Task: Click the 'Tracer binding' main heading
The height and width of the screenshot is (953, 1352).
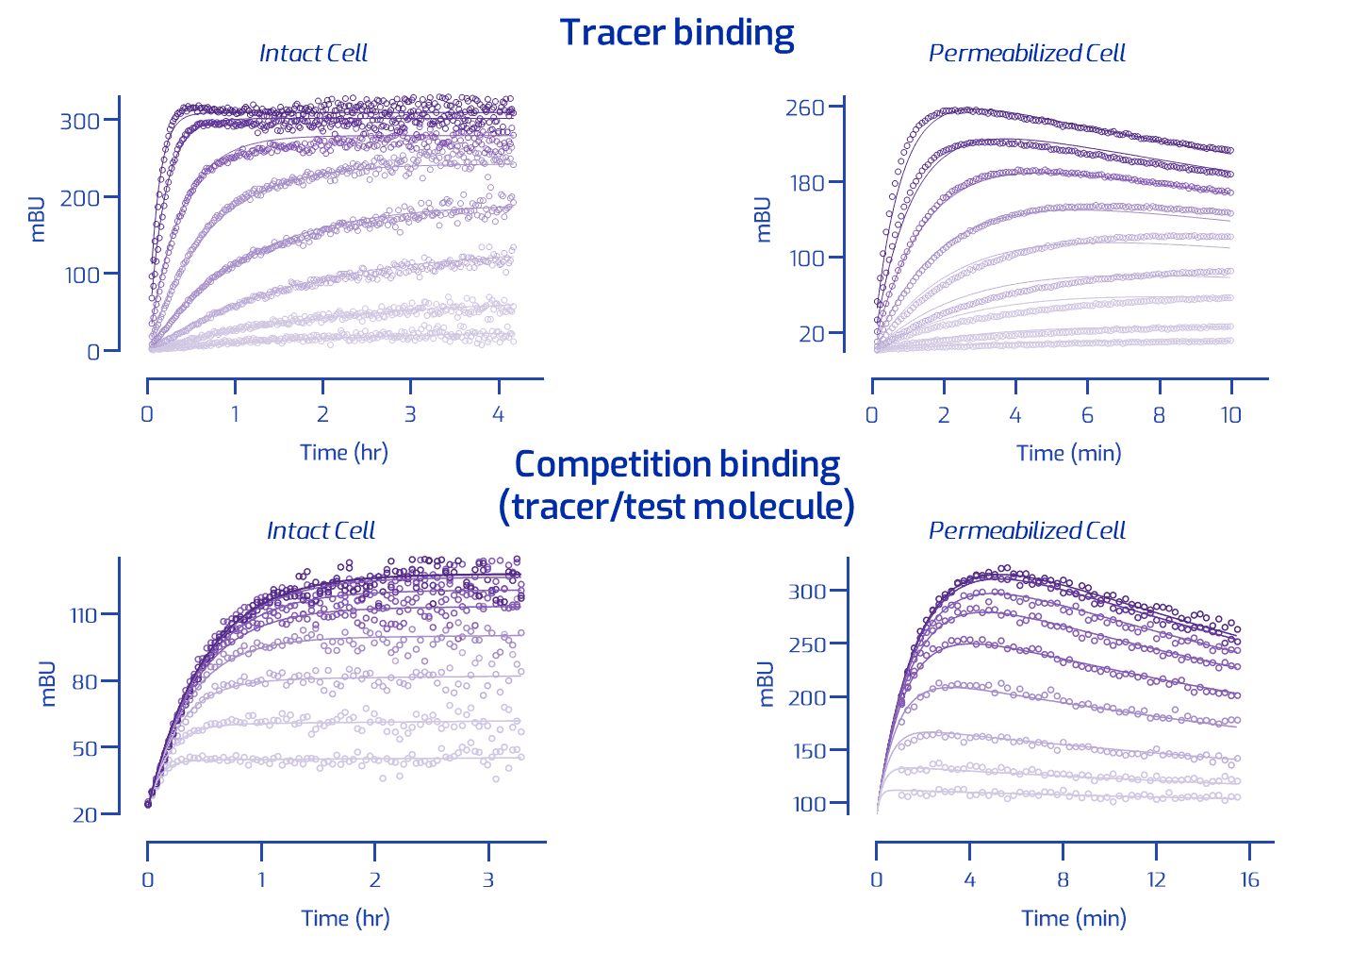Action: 677,33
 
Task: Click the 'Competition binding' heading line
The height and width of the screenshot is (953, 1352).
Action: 677,464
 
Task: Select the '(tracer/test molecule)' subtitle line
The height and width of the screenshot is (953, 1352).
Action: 677,506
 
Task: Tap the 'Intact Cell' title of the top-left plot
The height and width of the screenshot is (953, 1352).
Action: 313,53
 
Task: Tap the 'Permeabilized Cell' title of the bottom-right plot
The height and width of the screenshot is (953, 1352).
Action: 1027,530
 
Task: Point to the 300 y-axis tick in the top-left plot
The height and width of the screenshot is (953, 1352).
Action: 79,120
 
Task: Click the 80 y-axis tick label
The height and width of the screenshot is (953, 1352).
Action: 85,681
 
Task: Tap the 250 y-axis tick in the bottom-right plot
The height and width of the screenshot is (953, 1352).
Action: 806,644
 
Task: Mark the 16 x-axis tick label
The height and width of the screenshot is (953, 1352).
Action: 1249,879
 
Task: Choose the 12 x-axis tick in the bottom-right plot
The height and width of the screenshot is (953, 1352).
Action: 1156,879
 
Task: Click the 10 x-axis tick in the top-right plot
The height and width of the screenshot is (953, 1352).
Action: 1230,415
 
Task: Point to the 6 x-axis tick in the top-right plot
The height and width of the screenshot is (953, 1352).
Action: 1087,415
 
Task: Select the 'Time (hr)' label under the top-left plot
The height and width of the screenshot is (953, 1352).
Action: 344,453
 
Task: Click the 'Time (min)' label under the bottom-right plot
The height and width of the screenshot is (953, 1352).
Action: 1073,918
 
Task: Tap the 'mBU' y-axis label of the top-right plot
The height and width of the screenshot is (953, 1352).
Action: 763,220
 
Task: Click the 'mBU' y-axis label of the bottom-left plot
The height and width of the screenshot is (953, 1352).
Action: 48,684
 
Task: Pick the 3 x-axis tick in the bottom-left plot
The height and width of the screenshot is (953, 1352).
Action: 488,879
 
